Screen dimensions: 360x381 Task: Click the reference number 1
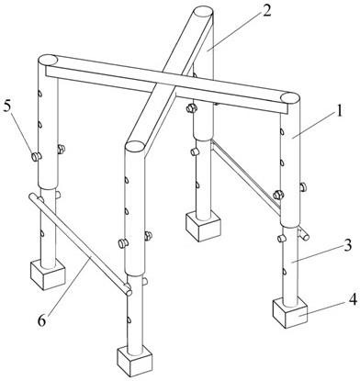[x=338, y=112]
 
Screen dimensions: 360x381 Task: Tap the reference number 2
[x=266, y=11]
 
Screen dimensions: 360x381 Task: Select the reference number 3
[x=347, y=246]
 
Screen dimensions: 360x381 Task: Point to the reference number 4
[x=353, y=300]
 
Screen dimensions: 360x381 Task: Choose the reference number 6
[x=41, y=321]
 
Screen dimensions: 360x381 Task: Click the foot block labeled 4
[x=289, y=313]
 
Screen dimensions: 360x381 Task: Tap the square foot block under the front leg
[x=135, y=362]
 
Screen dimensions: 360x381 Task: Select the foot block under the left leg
[x=48, y=275]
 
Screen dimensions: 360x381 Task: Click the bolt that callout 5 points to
[x=37, y=157]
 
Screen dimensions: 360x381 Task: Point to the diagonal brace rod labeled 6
[x=80, y=244]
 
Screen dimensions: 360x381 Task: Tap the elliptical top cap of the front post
[x=134, y=146]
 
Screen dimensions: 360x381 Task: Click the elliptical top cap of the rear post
[x=203, y=13]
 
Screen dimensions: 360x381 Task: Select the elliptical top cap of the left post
[x=48, y=60]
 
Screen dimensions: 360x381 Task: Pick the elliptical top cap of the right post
[x=290, y=98]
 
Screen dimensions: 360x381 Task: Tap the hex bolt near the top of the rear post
[x=192, y=108]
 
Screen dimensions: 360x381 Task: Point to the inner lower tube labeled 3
[x=290, y=264]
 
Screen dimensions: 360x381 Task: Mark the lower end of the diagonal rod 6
[x=129, y=293]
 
